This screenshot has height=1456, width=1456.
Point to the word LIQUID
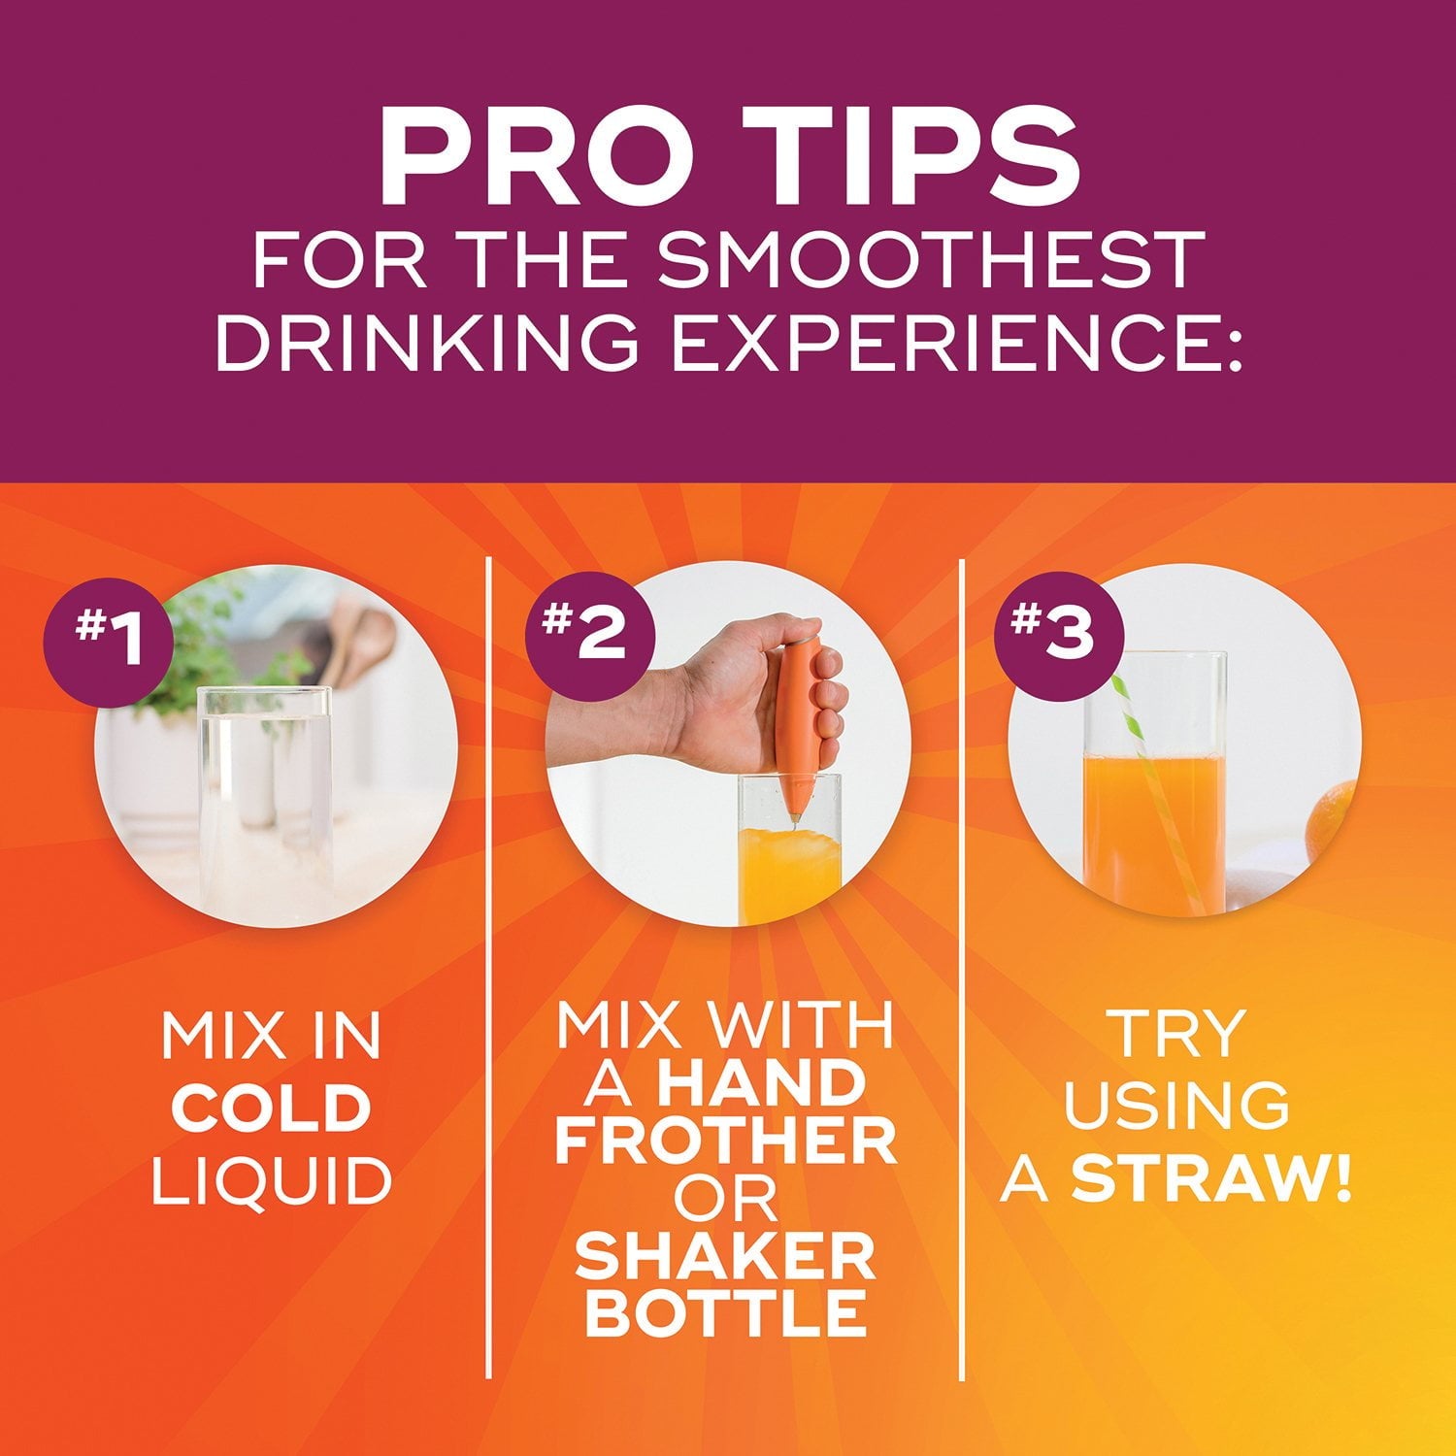(x=272, y=1181)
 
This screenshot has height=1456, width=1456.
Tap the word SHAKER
(x=725, y=1258)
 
